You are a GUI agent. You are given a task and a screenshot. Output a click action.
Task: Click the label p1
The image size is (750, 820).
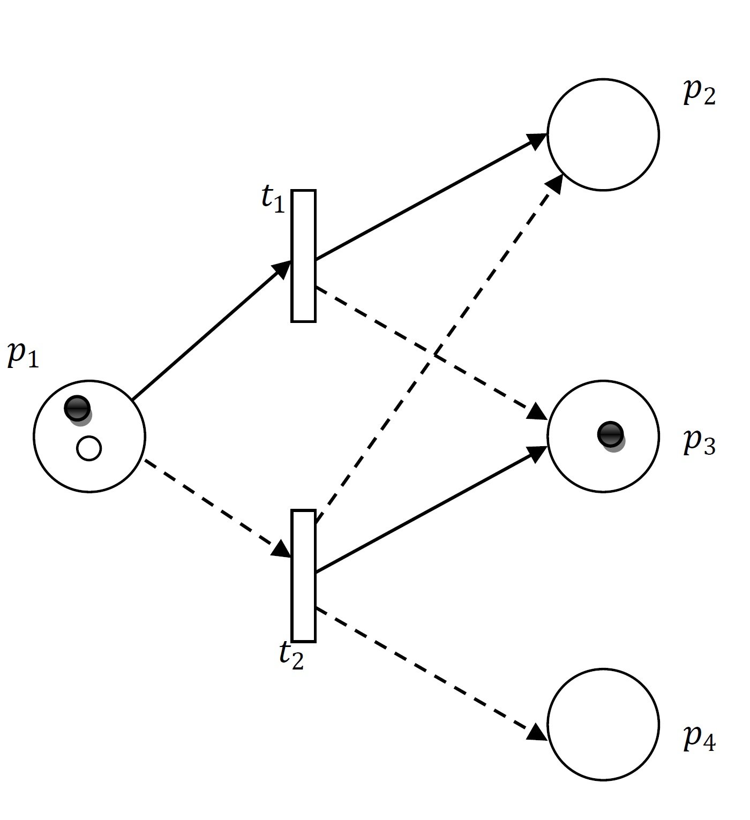pyautogui.click(x=23, y=356)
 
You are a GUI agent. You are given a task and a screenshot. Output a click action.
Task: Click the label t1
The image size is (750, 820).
pyautogui.click(x=273, y=200)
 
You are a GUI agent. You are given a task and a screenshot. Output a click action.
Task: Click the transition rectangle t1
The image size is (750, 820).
pyautogui.click(x=303, y=256)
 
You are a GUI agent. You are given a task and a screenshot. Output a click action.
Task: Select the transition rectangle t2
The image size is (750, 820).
pyautogui.click(x=303, y=576)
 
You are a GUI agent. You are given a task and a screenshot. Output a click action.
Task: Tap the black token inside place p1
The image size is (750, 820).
pyautogui.click(x=77, y=409)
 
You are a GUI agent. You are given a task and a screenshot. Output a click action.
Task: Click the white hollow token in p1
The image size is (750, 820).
pyautogui.click(x=89, y=448)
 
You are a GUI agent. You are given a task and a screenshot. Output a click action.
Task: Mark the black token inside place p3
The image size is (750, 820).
pyautogui.click(x=610, y=434)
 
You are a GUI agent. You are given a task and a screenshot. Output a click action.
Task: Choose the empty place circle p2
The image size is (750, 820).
pyautogui.click(x=603, y=134)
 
